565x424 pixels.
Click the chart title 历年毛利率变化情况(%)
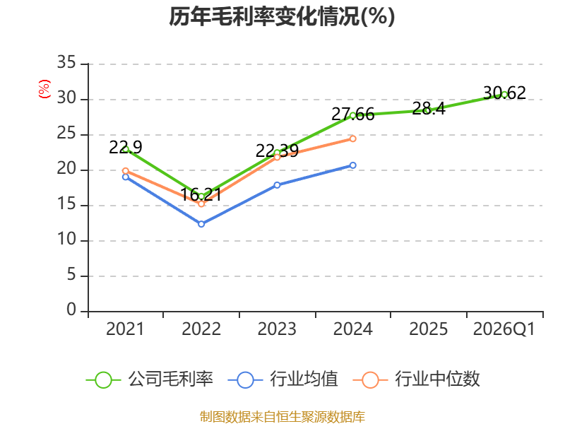click(x=282, y=16)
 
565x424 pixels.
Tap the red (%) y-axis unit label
click(x=44, y=89)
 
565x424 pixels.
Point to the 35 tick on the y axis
click(x=66, y=63)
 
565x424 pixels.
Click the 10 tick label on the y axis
click(x=66, y=240)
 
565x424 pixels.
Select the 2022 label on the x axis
click(x=201, y=329)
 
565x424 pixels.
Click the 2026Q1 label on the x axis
click(x=504, y=329)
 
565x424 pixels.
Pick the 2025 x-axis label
click(x=429, y=329)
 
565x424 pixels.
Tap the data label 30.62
click(x=504, y=93)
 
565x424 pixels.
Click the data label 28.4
click(x=429, y=109)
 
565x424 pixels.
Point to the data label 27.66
click(x=352, y=114)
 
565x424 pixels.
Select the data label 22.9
click(x=126, y=147)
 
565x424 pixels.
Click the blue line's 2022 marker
click(x=201, y=224)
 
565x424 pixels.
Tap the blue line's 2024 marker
click(x=352, y=165)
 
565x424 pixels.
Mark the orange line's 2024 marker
click(x=352, y=139)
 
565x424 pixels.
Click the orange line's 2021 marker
click(x=126, y=171)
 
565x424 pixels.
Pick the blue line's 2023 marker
click(x=277, y=185)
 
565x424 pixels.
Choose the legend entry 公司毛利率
click(x=150, y=379)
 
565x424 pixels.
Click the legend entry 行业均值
click(x=283, y=379)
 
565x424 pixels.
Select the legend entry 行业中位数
click(x=417, y=379)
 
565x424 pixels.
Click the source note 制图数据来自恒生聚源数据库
click(x=282, y=417)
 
